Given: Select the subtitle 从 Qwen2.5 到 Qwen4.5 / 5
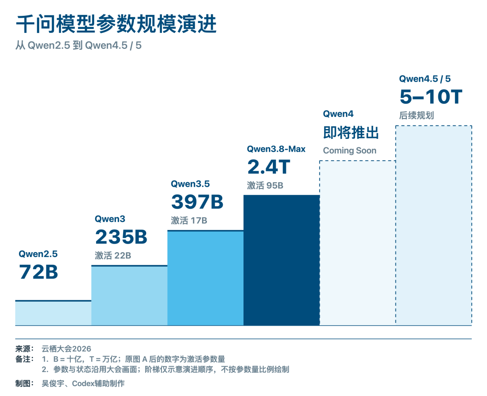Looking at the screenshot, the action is coord(78,46).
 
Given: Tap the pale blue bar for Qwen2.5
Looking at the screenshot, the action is coord(53,313).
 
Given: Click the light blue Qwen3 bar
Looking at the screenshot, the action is coord(129,295).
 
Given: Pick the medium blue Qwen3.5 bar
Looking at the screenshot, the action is coord(206,278).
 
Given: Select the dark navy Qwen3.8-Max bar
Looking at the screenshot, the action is coord(282,260).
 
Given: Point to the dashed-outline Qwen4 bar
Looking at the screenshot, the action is coord(358,243).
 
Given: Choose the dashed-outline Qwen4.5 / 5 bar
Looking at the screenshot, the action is coord(434,226).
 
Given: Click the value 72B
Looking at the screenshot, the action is coord(38,272).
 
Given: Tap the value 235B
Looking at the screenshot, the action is coord(121,237).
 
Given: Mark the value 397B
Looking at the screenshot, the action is coord(197,202).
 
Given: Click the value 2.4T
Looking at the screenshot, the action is coord(269,167).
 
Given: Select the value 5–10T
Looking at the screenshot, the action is coord(431,97).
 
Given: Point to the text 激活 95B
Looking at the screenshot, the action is coord(265,185).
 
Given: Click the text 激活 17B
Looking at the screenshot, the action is coord(189,221).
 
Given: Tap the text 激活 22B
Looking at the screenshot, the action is coord(113,256).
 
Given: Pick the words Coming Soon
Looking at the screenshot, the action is coord(350,151).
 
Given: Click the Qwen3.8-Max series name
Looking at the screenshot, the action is coord(276,149).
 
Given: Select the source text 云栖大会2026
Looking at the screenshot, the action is coord(66,349).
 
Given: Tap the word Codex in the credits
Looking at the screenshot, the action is coord(83,383).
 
